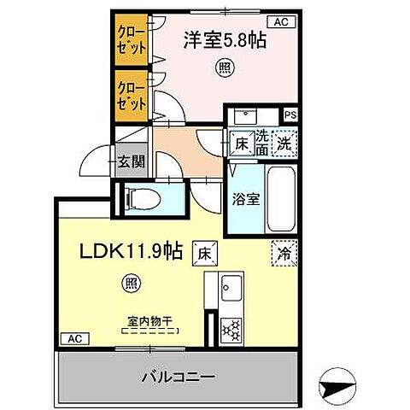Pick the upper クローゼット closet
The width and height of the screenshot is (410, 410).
point(131,40)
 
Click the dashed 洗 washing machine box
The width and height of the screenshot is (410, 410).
point(284,143)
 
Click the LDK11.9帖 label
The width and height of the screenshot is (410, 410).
point(131,251)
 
